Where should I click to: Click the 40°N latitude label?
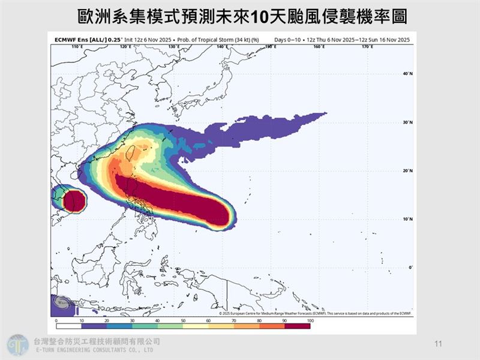click(x=408, y=74)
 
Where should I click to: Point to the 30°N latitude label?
click(x=408, y=122)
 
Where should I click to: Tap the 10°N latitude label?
click(x=408, y=219)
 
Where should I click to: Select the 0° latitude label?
click(x=410, y=267)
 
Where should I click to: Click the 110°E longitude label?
click(x=76, y=46)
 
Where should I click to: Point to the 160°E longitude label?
click(x=319, y=46)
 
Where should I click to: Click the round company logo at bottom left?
click(x=17, y=345)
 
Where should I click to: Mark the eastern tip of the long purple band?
click(x=326, y=113)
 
